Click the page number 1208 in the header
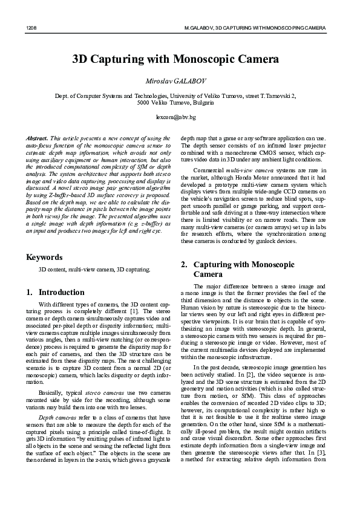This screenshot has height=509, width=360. tap(31, 28)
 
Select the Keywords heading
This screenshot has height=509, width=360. tap(44, 274)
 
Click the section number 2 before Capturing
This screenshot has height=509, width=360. tap(184, 264)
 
